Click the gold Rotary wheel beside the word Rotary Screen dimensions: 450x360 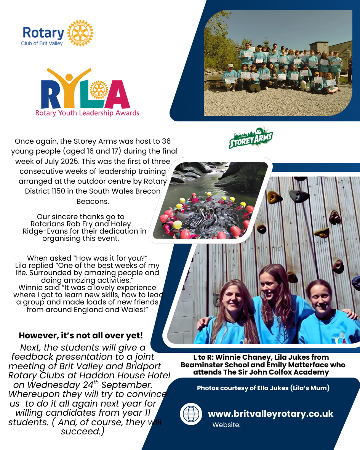click(80, 33)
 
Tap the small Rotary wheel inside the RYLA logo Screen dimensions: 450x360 click(98, 90)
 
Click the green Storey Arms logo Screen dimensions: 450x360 click(251, 138)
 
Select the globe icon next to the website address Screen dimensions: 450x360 click(191, 414)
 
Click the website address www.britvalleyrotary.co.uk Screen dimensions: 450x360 click(270, 414)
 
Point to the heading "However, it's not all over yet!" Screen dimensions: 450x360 click(81, 336)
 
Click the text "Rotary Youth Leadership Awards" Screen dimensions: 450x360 click(87, 113)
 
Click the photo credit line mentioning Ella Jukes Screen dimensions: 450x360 click(263, 388)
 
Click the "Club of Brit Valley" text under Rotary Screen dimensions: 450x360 click(42, 43)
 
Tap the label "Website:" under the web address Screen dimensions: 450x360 click(226, 424)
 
